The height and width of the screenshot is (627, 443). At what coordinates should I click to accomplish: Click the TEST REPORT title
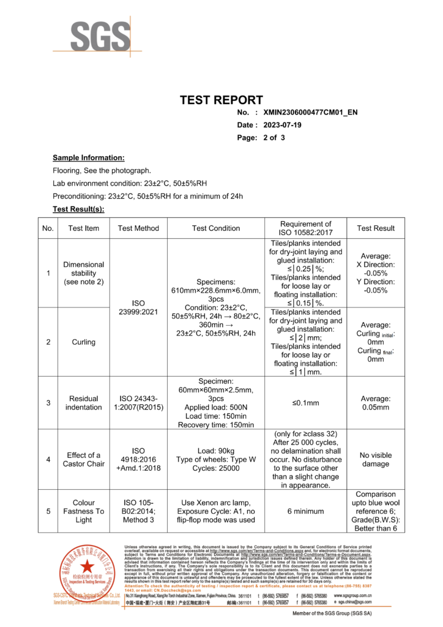221,100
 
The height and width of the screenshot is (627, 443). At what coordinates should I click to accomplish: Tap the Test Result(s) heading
78,209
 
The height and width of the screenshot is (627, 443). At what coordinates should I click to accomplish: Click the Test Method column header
138,228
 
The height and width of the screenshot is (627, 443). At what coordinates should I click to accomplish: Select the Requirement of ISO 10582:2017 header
305,228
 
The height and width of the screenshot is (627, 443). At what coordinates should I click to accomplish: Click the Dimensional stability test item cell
84,273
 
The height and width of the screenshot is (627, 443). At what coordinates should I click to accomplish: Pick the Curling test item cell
84,342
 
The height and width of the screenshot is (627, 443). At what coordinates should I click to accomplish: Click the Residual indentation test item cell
84,403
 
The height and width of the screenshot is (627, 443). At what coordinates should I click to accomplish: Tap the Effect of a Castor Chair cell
84,459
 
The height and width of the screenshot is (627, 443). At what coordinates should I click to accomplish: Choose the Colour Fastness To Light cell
84,511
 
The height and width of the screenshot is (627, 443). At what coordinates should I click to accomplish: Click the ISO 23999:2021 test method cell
138,307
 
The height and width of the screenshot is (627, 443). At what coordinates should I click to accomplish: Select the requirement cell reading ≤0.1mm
305,403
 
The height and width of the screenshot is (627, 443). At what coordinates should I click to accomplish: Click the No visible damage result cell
376,459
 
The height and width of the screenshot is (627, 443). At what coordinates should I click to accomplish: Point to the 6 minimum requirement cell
305,511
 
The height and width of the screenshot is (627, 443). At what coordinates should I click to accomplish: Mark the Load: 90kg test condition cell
216,459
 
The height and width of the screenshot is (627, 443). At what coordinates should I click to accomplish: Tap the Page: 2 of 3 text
261,138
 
